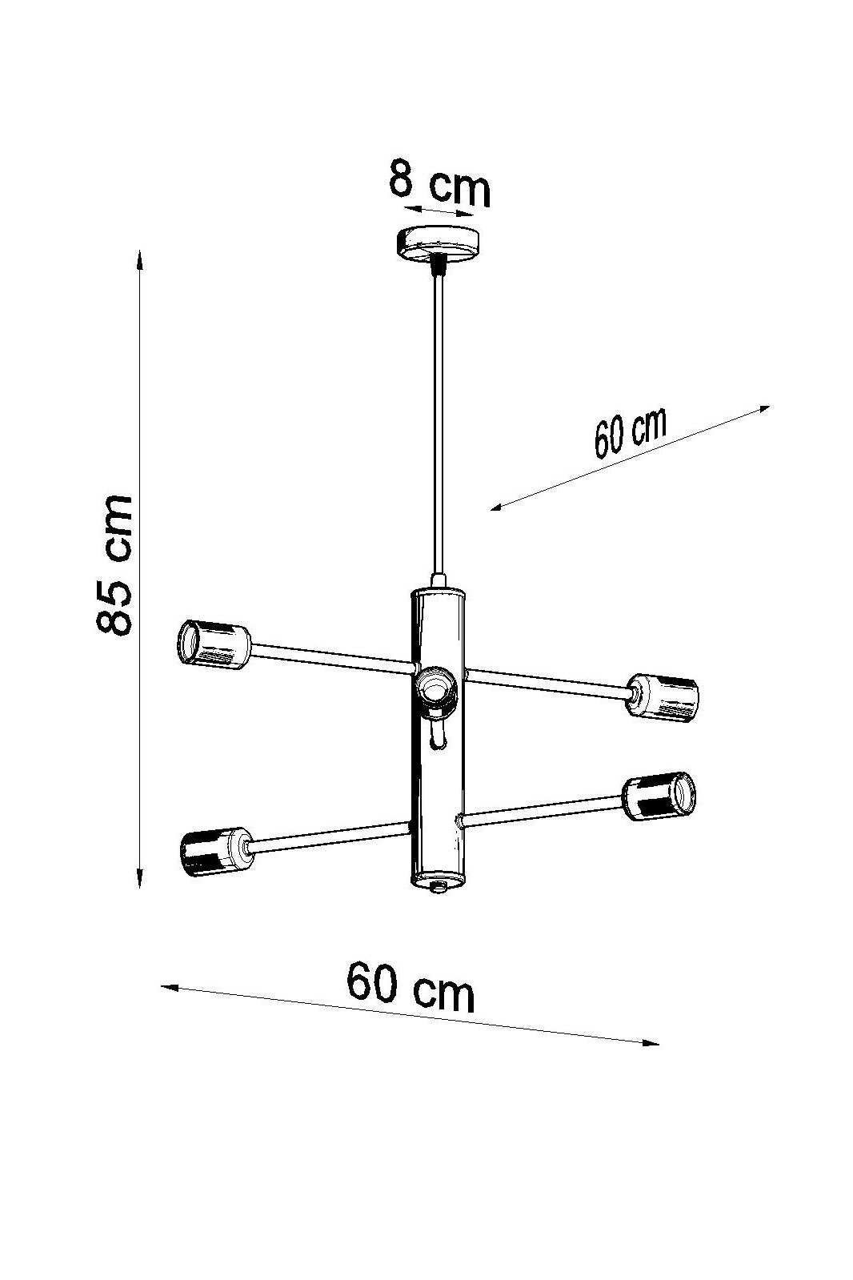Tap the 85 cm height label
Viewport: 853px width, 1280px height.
point(115,566)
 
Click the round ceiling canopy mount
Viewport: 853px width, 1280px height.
point(438,245)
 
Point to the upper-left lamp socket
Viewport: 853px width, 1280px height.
point(214,644)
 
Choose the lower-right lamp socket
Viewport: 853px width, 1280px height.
point(659,796)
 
